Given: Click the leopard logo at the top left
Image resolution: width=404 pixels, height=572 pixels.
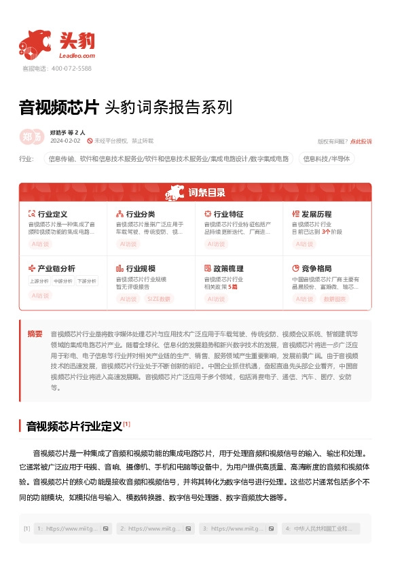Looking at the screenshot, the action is [x=35, y=43].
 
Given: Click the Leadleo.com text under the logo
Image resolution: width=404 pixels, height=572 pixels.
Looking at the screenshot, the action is [x=77, y=56].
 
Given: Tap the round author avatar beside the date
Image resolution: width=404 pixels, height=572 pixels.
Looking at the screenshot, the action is [x=32, y=136].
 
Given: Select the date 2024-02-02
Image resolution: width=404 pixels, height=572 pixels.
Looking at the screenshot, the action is [x=65, y=141].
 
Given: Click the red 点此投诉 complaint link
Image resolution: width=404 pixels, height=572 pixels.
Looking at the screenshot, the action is [x=361, y=141].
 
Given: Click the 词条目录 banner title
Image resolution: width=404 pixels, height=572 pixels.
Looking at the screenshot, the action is [x=206, y=192].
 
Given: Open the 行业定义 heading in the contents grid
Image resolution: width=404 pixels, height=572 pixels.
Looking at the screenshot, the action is [x=52, y=214].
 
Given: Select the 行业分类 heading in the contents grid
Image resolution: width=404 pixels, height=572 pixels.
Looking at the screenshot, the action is [x=141, y=214].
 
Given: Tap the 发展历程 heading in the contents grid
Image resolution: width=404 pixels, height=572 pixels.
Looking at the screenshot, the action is [x=316, y=214].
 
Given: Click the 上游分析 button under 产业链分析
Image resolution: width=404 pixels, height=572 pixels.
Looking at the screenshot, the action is [x=39, y=281].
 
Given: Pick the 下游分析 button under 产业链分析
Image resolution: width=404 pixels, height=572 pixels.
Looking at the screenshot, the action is [x=86, y=281].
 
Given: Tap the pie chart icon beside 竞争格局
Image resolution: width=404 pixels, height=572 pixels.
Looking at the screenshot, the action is [x=295, y=268].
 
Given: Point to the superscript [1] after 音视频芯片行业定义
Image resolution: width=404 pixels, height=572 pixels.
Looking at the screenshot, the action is [x=126, y=424].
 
